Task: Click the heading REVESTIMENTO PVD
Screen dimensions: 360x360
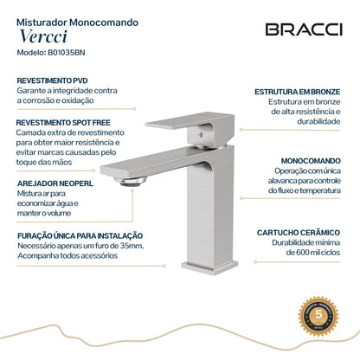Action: (x=52, y=79)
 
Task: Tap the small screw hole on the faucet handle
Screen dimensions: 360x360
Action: (x=204, y=132)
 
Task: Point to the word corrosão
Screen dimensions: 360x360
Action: (x=32, y=100)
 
